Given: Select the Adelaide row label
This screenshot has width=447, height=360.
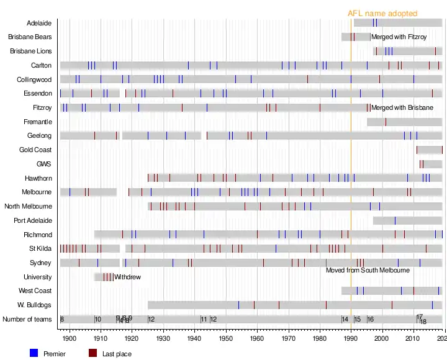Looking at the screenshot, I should point(39,23).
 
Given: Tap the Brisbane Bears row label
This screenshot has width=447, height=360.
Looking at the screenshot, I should point(30,37).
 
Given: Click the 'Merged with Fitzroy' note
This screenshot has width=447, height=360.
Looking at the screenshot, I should point(399,37).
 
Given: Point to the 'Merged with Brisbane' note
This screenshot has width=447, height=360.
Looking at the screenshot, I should point(402,108).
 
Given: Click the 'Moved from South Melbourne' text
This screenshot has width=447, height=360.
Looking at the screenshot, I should point(368,271).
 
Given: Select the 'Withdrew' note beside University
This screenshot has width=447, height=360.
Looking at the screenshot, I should point(127,277).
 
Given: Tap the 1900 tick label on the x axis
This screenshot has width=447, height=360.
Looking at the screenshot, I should point(70,339).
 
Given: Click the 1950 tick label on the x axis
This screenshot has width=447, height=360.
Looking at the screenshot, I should point(226,339).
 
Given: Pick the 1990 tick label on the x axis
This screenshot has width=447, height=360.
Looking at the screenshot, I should point(351,339).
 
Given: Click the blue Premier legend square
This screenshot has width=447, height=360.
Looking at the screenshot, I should point(34,353).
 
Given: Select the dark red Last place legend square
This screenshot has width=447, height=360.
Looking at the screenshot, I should point(93,353).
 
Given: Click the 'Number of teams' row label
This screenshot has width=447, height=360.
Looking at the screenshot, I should point(27,320).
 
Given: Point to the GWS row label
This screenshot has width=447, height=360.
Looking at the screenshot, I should point(44,164).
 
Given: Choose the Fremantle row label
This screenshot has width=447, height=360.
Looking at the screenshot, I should point(37,122).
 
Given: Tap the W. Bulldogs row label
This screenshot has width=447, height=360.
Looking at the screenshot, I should point(35,305).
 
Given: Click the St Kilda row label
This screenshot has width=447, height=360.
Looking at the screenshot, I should point(40,249).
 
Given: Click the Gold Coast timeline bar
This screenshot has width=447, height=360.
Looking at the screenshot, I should point(429,150).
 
